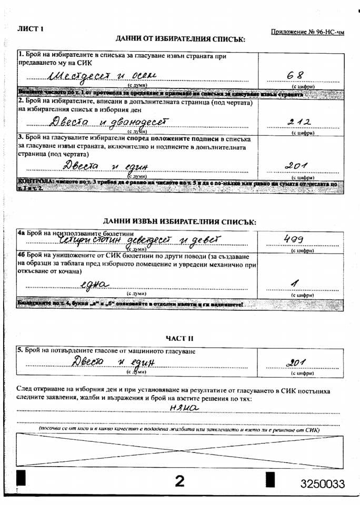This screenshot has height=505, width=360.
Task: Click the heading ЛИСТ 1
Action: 31,28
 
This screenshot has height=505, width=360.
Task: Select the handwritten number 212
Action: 297,122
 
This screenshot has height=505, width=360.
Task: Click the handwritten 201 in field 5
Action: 296,362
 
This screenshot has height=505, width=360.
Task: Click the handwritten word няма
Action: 183,406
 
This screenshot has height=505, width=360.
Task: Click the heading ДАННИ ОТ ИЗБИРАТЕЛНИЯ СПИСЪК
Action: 181,39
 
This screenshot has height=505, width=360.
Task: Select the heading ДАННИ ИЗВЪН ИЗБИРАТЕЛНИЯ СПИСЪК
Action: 179,222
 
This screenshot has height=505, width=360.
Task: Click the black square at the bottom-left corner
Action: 22,478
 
